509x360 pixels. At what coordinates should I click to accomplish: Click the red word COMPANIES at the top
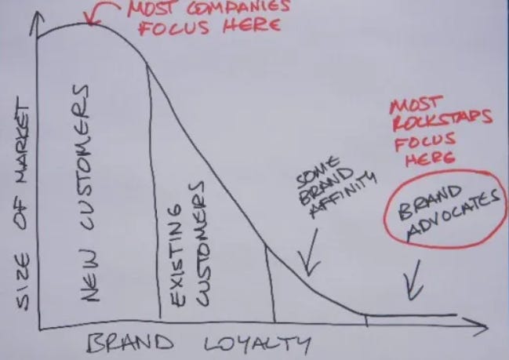pos(238,8)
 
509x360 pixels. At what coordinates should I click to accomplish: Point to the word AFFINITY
pos(344,195)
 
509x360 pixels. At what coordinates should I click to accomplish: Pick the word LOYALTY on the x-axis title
pos(256,344)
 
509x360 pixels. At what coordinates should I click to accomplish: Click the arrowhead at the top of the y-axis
pos(37,20)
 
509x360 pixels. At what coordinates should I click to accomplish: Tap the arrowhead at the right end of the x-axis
pos(476,327)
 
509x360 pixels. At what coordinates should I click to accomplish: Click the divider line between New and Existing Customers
pos(153,191)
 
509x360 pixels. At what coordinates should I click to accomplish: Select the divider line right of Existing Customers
pos(271,284)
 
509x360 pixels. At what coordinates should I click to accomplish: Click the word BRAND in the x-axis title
pos(130,343)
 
